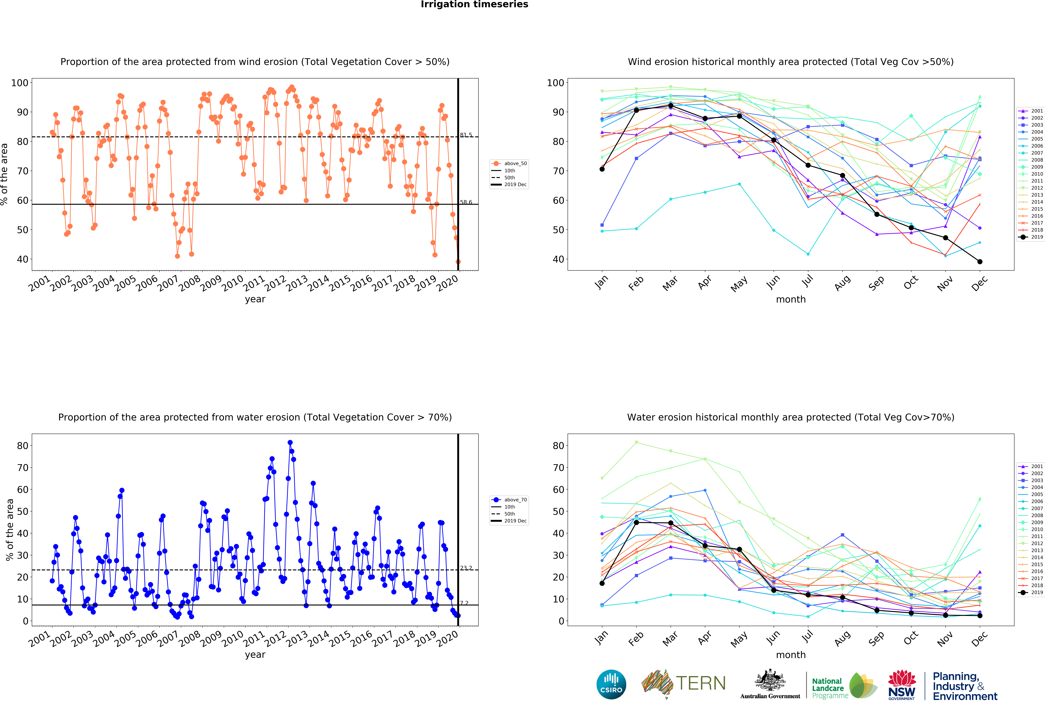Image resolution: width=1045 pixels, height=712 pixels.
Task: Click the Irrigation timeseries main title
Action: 474,4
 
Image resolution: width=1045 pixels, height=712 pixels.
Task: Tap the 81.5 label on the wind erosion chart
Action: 466,135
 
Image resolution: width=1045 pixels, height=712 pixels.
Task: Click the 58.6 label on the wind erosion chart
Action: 466,202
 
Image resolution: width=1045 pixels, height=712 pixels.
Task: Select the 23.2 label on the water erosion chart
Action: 466,568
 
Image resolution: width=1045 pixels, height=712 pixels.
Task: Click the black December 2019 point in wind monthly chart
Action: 980,262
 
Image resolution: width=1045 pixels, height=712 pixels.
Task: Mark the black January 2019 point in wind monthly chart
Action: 602,169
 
